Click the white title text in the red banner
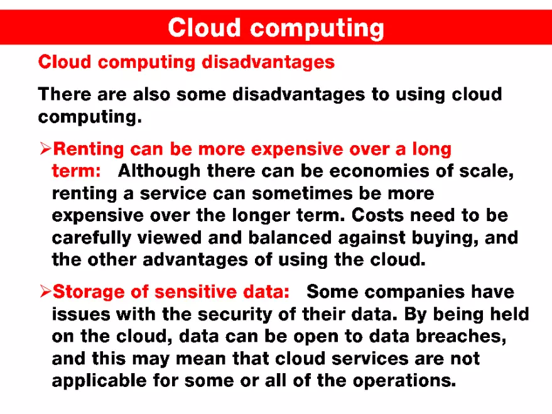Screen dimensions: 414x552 pyautogui.click(x=276, y=28)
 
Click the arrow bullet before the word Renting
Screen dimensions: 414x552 pyautogui.click(x=45, y=149)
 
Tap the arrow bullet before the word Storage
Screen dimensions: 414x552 pyautogui.click(x=45, y=291)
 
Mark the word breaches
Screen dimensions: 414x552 pyautogui.click(x=459, y=336)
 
